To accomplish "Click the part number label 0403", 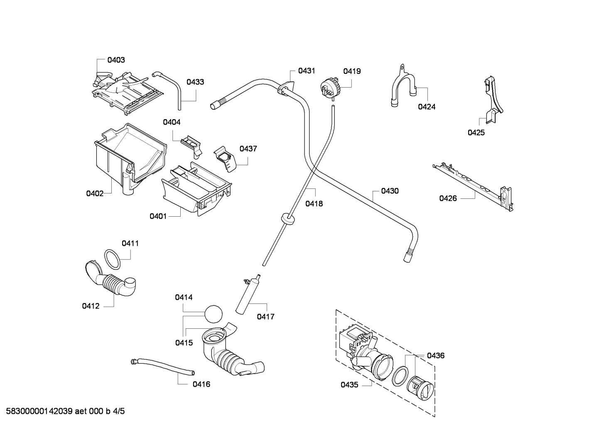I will pos(116,60).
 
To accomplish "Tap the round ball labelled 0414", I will pos(214,313).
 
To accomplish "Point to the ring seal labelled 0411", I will pos(112,260).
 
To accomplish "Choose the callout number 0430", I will pos(390,191).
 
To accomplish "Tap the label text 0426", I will pos(448,198).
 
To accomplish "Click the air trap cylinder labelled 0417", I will pos(247,296).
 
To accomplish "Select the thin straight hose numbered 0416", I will pos(162,367).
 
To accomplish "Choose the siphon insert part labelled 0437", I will pos(225,157).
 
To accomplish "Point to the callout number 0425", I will pos(476,133).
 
